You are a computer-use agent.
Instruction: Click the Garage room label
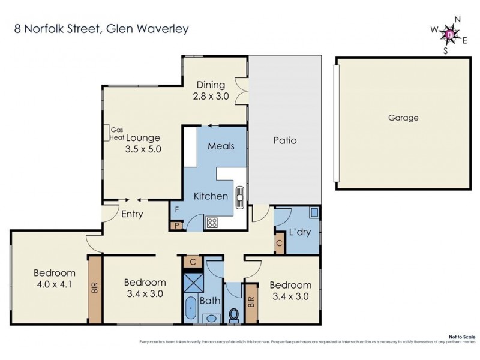403,118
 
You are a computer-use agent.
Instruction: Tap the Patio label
285,141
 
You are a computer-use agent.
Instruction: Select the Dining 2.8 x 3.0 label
211,90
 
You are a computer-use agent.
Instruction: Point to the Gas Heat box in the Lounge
116,133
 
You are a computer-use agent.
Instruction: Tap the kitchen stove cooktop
213,222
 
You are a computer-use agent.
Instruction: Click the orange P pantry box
176,226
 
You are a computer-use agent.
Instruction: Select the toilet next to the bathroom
233,314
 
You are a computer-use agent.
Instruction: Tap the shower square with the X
194,281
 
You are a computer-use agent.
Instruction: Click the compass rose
450,36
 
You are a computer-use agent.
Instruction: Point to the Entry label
131,215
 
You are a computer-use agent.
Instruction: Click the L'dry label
299,232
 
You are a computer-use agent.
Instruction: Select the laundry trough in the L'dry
314,212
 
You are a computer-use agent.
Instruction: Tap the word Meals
221,146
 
